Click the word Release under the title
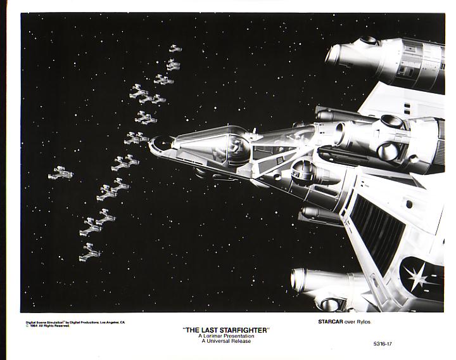pyautogui.click(x=240, y=341)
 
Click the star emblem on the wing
pyautogui.click(x=417, y=277)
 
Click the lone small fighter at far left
pyautogui.click(x=60, y=172)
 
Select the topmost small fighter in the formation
pyautogui.click(x=174, y=48)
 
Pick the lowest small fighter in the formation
pyautogui.click(x=89, y=254)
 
